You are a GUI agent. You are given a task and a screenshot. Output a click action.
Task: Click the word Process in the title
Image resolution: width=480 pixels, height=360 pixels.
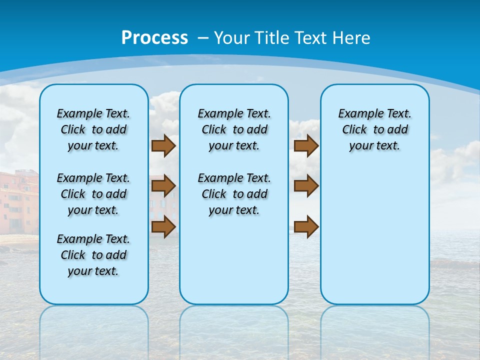[154, 38]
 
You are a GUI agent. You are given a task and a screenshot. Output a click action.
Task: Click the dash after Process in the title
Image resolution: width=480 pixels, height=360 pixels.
[203, 38]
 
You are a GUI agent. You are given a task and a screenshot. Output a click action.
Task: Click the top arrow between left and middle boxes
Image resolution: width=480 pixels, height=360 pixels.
[163, 145]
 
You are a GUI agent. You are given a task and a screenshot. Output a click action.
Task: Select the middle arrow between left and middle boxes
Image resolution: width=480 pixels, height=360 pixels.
[163, 186]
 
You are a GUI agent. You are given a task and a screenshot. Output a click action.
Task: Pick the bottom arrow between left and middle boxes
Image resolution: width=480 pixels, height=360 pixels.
[163, 226]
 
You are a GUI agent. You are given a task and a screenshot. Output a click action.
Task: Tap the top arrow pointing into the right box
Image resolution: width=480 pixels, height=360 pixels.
[306, 145]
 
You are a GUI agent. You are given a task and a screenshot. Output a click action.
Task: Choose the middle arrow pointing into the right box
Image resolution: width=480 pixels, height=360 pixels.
[306, 186]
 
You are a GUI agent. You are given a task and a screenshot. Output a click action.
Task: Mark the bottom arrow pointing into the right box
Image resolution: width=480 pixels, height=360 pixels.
[306, 226]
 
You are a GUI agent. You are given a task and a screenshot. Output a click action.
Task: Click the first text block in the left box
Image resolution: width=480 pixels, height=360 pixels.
[93, 129]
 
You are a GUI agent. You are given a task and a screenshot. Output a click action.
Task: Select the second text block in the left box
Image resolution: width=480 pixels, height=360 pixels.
[93, 194]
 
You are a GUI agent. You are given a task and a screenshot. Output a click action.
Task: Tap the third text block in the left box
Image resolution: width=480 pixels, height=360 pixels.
[93, 255]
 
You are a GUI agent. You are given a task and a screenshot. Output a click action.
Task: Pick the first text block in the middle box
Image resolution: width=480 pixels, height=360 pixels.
[234, 129]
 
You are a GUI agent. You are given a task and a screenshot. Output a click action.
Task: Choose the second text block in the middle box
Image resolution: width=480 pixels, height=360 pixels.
[234, 194]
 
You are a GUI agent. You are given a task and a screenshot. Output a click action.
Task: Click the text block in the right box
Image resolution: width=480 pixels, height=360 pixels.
[374, 129]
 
